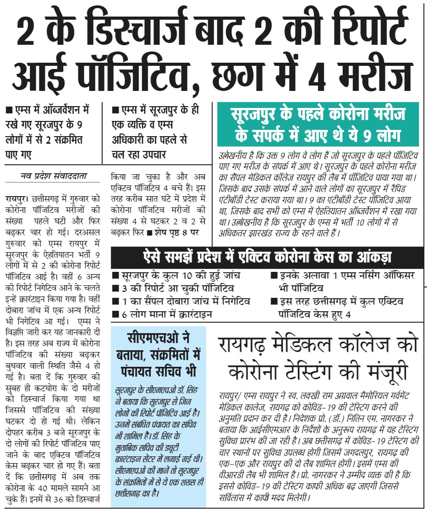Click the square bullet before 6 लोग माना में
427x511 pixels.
pos(116,314)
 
